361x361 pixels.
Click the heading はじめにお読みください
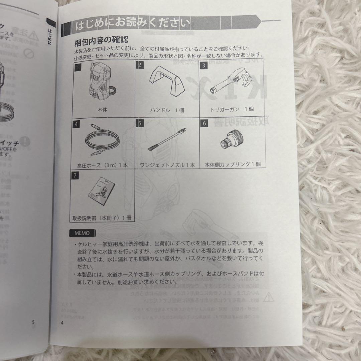133,25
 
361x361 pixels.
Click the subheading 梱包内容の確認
101,41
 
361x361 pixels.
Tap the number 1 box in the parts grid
77,66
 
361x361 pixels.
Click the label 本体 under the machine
102,109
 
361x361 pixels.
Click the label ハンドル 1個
167,110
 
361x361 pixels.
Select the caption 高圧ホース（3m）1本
102,165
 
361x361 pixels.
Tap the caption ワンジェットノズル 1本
167,165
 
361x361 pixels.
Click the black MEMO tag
82,233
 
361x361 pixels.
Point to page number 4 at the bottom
62,323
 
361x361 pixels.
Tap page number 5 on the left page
33,322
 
